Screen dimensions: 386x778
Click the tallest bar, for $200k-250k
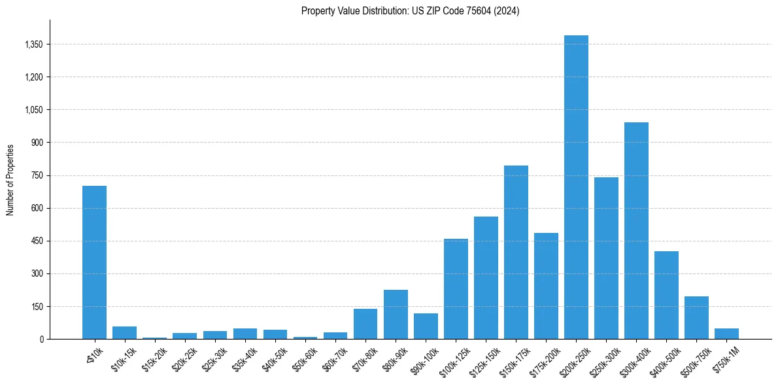pyautogui.click(x=576, y=187)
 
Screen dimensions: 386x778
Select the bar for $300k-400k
pyautogui.click(x=636, y=230)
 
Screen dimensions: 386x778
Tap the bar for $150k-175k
pyautogui.click(x=516, y=252)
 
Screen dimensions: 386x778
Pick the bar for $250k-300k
pyautogui.click(x=606, y=258)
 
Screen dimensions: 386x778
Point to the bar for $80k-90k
pyautogui.click(x=396, y=314)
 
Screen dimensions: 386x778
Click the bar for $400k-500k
pyautogui.click(x=666, y=295)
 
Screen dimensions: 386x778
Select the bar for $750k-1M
pyautogui.click(x=726, y=334)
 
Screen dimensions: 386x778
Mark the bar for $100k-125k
pyautogui.click(x=456, y=289)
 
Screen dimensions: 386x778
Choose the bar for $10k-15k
pyautogui.click(x=124, y=332)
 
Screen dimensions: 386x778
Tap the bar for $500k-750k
pyautogui.click(x=696, y=317)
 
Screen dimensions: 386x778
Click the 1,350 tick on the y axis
pyautogui.click(x=32, y=44)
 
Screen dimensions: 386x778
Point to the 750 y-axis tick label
pyautogui.click(x=36, y=175)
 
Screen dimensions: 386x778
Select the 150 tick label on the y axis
pyautogui.click(x=36, y=306)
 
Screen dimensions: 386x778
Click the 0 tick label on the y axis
pyautogui.click(x=41, y=339)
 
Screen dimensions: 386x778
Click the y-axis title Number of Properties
pyautogui.click(x=10, y=179)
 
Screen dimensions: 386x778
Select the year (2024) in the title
pyautogui.click(x=507, y=11)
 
